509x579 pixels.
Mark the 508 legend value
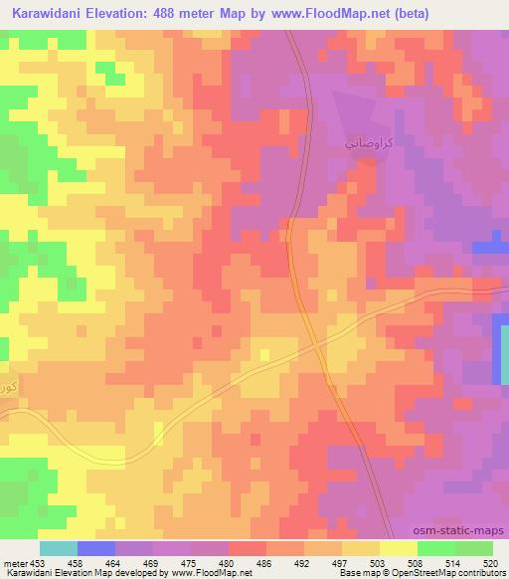pyautogui.click(x=416, y=560)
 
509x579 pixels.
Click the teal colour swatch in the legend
pyautogui.click(x=59, y=547)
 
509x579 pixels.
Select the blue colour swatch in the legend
pyautogui.click(x=96, y=547)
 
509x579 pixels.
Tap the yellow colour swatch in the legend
pyautogui.click(x=399, y=547)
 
